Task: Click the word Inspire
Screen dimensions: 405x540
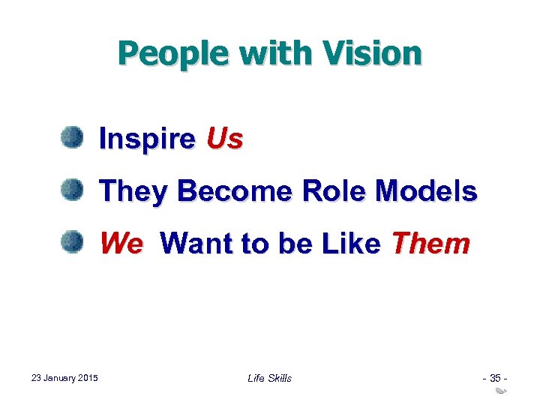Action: (147, 139)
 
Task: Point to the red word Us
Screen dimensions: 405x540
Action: (224, 139)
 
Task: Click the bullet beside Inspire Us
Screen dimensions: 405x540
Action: (72, 138)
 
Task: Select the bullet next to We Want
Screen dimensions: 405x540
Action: (72, 242)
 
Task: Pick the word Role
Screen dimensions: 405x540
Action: (334, 192)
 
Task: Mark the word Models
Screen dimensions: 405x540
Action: (427, 192)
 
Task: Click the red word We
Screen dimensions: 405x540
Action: (121, 244)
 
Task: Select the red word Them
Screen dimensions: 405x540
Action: (431, 244)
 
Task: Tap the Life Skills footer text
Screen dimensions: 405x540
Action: (269, 378)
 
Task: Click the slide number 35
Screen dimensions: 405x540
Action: (496, 378)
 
